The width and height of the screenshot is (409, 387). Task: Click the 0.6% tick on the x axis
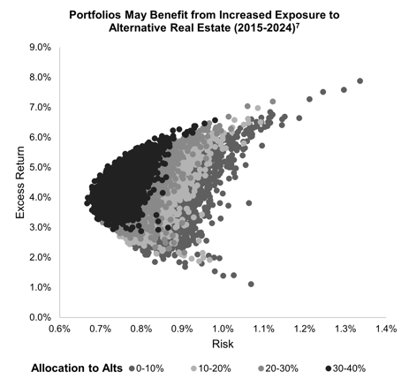click(x=59, y=330)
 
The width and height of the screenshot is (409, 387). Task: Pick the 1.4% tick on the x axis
click(x=386, y=330)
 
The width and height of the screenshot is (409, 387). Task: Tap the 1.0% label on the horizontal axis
click(x=223, y=330)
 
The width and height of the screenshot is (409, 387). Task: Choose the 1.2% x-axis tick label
click(x=304, y=330)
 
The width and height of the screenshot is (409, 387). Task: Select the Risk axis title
click(x=223, y=345)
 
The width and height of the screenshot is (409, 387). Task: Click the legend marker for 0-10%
click(x=133, y=368)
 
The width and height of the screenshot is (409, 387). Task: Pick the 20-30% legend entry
click(x=275, y=368)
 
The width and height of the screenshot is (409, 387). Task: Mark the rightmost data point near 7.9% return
click(x=360, y=81)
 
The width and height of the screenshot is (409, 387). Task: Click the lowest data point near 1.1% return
click(x=252, y=284)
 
